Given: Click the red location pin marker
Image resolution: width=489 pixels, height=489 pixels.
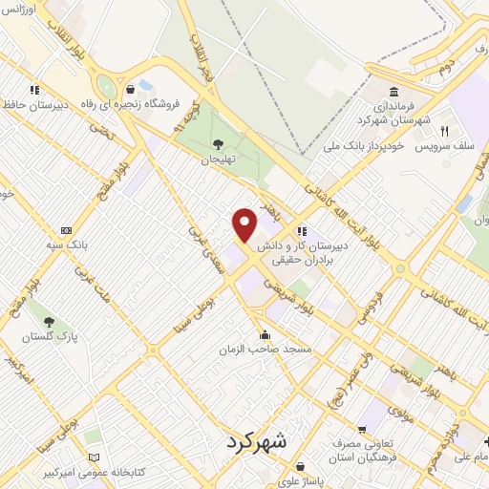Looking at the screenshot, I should [244, 223].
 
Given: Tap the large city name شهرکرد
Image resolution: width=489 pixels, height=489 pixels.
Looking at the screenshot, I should [258, 442].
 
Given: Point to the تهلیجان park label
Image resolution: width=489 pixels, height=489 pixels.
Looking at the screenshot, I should [219, 160].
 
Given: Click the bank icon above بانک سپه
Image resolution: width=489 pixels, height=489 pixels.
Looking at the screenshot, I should [66, 230].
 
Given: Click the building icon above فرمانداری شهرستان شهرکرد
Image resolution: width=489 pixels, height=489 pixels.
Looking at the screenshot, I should [393, 92].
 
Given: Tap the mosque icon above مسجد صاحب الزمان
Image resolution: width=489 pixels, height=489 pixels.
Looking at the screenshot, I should [265, 335].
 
